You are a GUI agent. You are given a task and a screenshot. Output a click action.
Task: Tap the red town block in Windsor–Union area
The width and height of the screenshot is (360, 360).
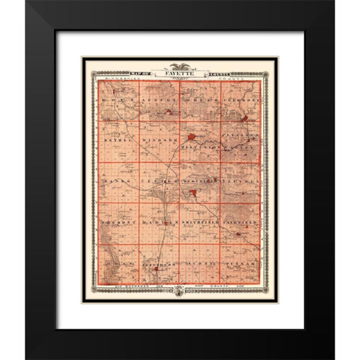pyautogui.click(x=193, y=137)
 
